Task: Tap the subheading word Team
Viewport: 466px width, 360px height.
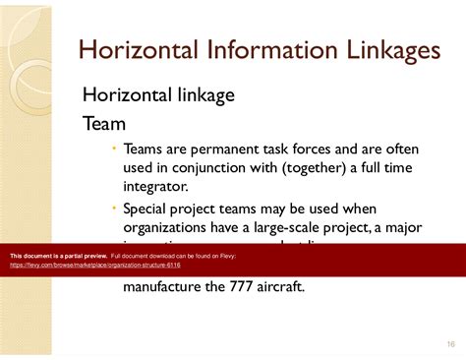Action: point(103,124)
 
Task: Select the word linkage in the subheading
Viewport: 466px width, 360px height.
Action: point(203,94)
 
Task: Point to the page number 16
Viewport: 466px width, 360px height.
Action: point(450,343)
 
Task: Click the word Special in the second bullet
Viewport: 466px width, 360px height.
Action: point(150,209)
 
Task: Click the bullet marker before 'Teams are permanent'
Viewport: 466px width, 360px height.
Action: point(114,148)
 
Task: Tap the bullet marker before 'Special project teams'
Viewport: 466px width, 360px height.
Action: point(114,208)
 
